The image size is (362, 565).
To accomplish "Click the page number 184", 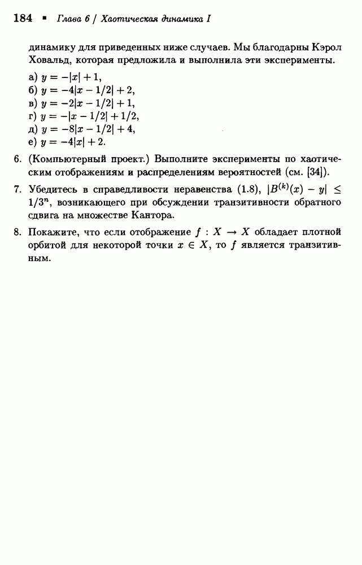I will pyautogui.click(x=22, y=19).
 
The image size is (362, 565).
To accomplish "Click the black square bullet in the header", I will pyautogui.click(x=44, y=18).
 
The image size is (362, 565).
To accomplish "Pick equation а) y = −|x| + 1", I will pyautogui.click(x=67, y=77).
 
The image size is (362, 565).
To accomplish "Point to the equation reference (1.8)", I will pyautogui.click(x=244, y=188).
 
